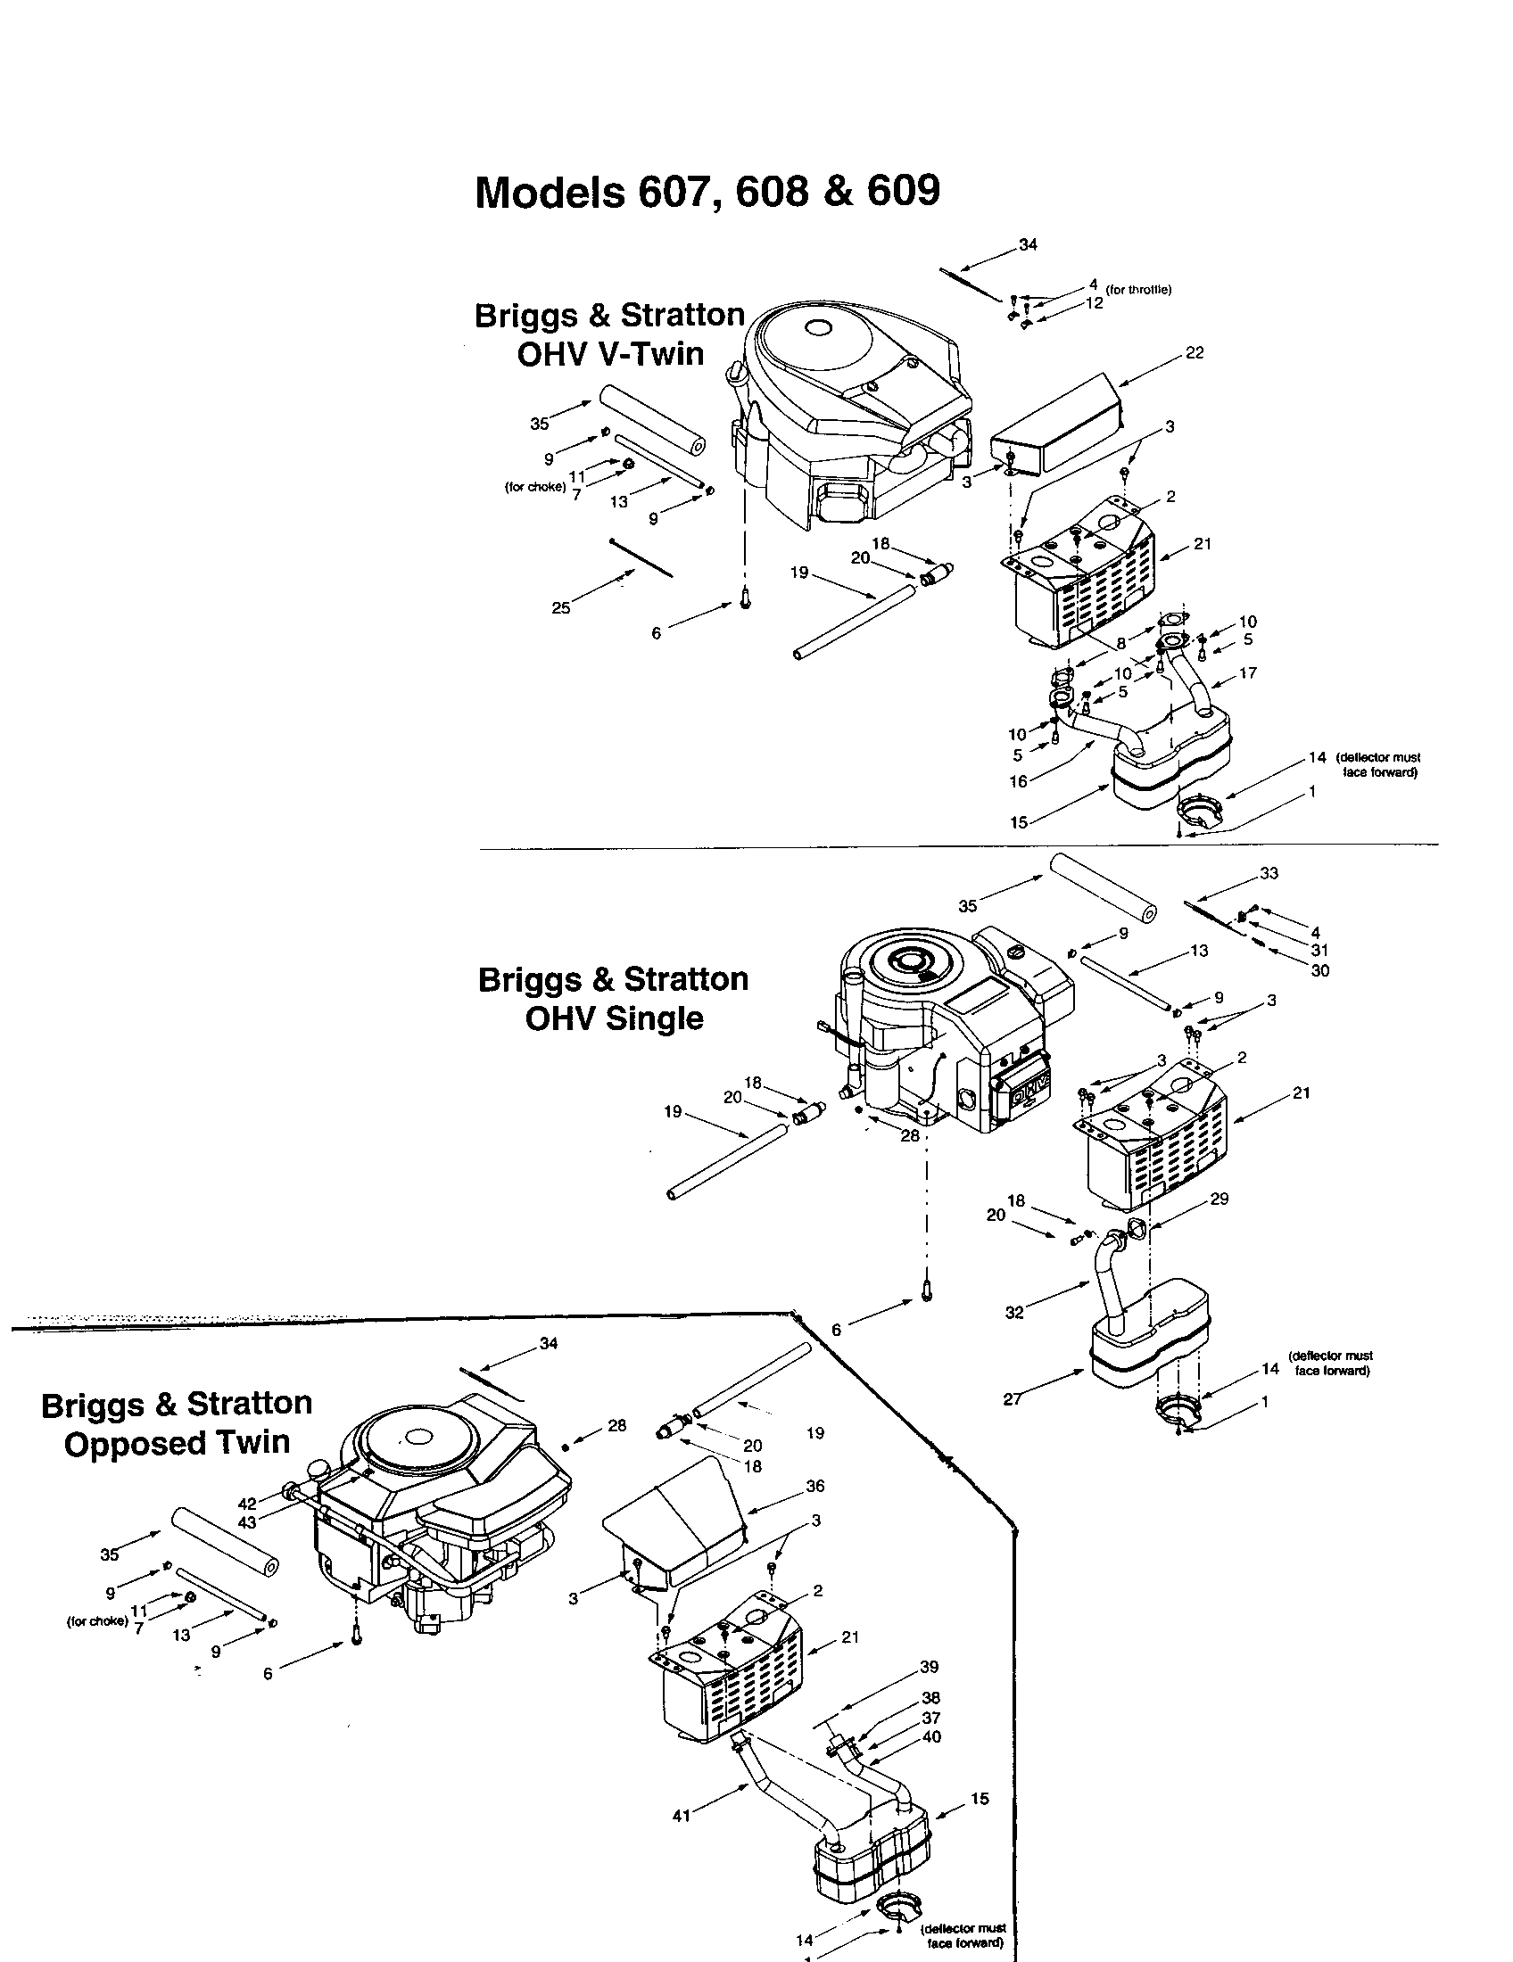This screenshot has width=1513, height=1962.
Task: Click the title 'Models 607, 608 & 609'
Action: click(x=707, y=192)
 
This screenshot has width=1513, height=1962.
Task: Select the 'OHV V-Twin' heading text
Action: click(x=610, y=354)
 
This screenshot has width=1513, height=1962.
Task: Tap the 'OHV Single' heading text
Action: click(x=614, y=1018)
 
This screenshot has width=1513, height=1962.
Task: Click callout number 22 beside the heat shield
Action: click(x=1194, y=353)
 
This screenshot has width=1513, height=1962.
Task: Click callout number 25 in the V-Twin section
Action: click(x=560, y=608)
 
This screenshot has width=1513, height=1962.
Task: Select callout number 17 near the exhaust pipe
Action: click(x=1247, y=672)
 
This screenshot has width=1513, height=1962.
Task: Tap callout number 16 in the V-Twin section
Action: click(x=1018, y=781)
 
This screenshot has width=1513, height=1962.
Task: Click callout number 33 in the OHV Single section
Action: click(x=1269, y=873)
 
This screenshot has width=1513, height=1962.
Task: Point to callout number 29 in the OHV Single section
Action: click(x=1219, y=1199)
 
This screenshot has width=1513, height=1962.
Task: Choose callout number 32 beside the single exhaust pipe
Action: click(x=1014, y=1313)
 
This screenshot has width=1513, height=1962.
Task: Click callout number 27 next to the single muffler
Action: click(x=1013, y=1398)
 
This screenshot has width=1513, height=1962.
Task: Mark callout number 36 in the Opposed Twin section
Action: click(x=814, y=1486)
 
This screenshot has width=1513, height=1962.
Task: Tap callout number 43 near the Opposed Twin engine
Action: click(x=247, y=1521)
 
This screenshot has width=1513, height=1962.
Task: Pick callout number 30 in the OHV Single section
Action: click(x=1319, y=970)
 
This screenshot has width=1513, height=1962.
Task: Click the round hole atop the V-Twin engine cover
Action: click(x=817, y=329)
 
